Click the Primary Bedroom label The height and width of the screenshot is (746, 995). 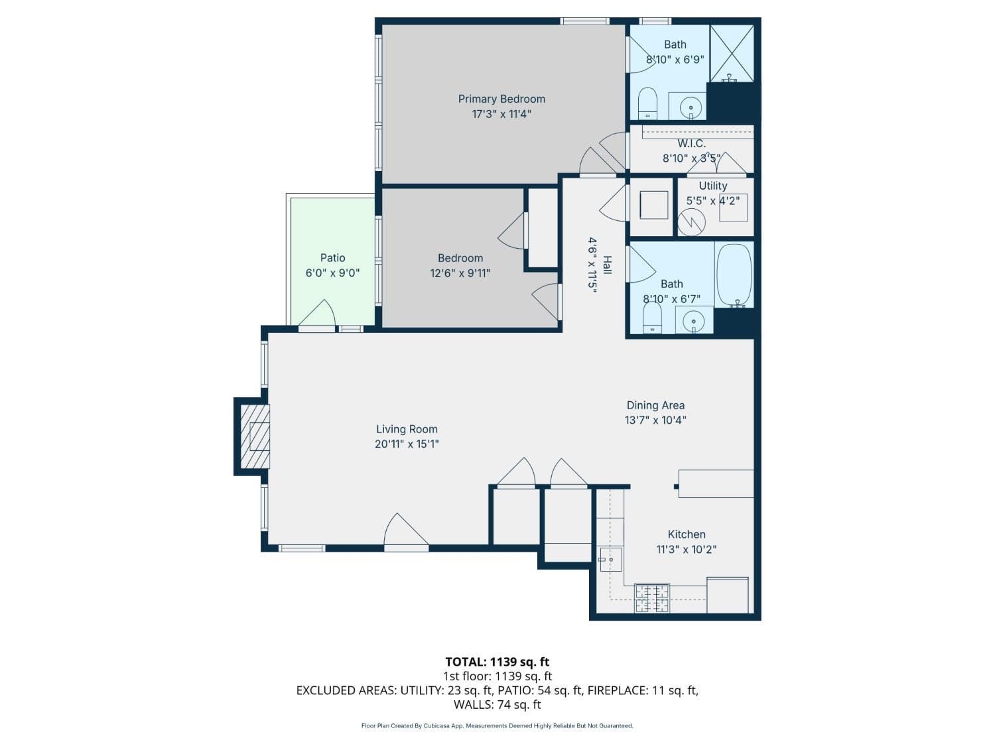[x=501, y=99]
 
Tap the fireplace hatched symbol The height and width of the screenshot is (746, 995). [x=255, y=436]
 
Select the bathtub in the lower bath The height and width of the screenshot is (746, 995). [x=734, y=275]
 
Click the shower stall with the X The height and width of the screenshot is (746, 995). [x=732, y=53]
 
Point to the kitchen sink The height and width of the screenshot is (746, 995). [x=610, y=560]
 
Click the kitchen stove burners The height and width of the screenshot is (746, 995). [x=651, y=597]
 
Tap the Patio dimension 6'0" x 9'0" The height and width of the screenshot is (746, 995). [x=332, y=273]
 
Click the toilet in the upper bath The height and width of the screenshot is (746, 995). [x=647, y=103]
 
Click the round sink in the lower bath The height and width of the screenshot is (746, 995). [x=694, y=321]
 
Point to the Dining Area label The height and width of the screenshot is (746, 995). [x=655, y=405]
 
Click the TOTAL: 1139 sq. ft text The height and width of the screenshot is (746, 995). [x=497, y=662]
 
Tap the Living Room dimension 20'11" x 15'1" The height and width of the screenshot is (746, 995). [x=407, y=444]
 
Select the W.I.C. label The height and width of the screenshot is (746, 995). [x=691, y=143]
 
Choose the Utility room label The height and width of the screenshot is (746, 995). [x=712, y=186]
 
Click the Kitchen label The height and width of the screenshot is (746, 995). [x=687, y=534]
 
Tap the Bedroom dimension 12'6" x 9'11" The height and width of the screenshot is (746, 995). [x=460, y=273]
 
